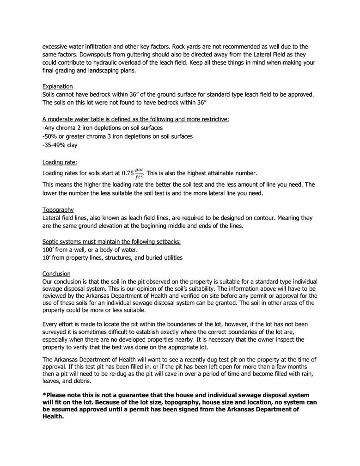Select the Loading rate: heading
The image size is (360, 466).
point(60,162)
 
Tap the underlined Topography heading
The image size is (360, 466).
point(58,209)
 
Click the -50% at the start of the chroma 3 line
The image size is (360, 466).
point(49,136)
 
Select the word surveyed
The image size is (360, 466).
point(56,331)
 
